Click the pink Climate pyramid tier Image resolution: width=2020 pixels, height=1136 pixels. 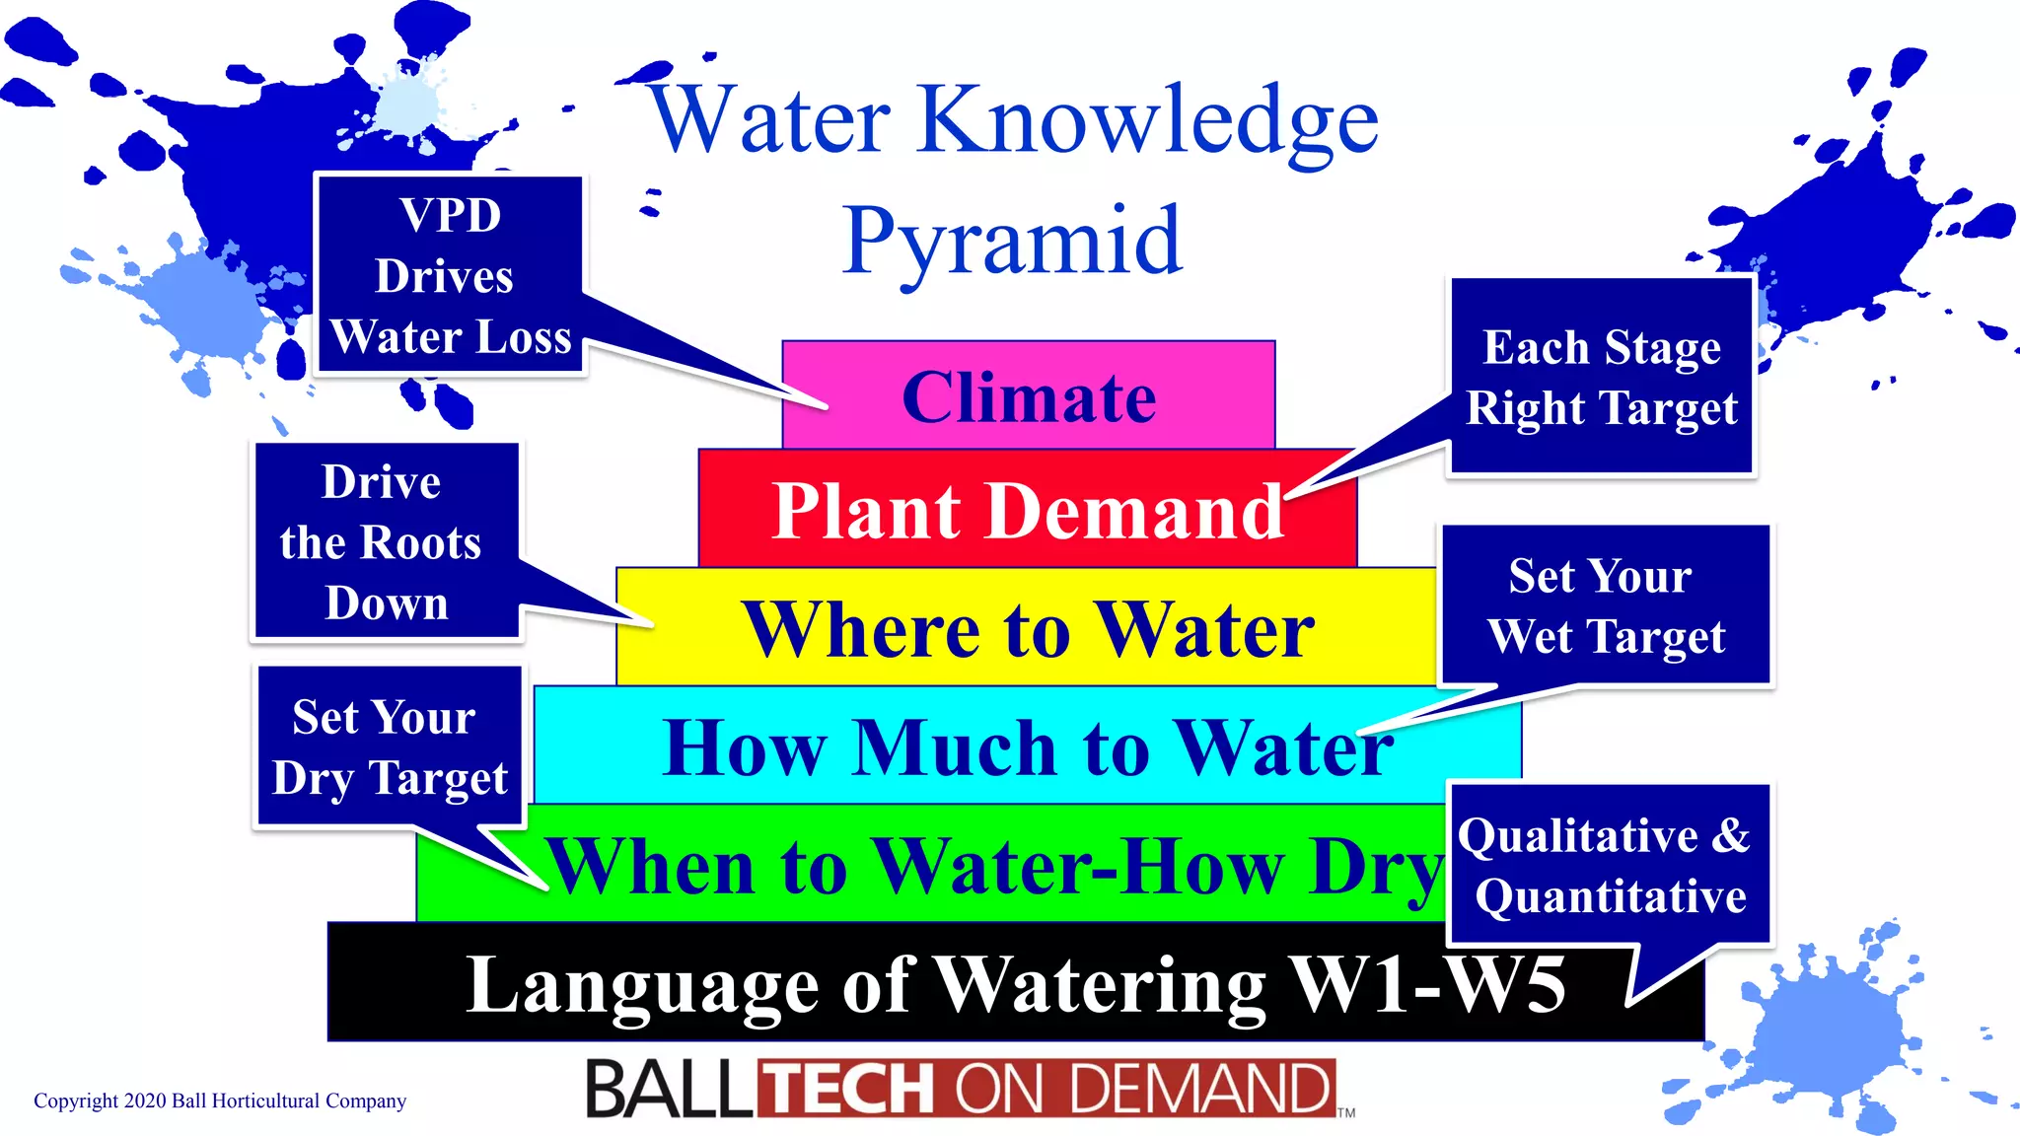pos(1029,396)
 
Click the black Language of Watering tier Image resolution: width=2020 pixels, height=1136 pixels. pos(1016,983)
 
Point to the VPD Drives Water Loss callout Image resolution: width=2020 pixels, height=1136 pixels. pos(450,276)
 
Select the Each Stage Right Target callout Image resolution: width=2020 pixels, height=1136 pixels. pos(1601,377)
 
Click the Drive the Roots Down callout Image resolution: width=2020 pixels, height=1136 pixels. pos(386,541)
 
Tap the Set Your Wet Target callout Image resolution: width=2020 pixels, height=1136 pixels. pos(1606,605)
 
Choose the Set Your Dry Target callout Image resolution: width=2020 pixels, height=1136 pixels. pos(389,746)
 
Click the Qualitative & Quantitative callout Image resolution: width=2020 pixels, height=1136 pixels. pos(1609,865)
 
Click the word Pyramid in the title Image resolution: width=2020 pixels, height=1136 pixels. pos(1012,242)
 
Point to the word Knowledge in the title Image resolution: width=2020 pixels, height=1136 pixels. pos(1148,120)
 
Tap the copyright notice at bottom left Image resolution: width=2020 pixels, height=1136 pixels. pos(220,1100)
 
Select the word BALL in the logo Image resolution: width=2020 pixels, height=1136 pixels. pos(671,1089)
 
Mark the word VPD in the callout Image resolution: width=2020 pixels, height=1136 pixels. pos(451,215)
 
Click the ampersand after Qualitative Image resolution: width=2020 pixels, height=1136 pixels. pos(1731,835)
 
